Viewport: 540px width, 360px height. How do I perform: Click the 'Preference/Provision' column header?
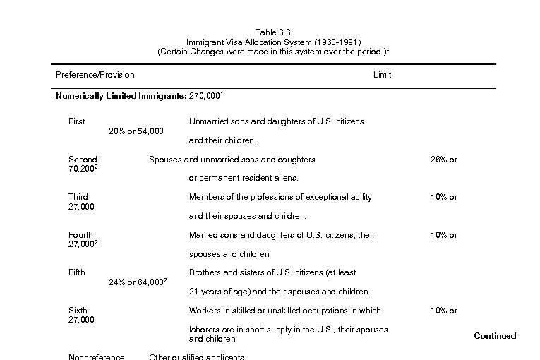(x=95, y=75)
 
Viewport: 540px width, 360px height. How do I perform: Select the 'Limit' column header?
(x=382, y=75)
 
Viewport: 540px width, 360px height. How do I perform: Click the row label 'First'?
(x=76, y=121)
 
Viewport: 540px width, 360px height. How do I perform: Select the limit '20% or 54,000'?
(x=136, y=131)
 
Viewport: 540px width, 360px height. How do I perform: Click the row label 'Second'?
(x=83, y=160)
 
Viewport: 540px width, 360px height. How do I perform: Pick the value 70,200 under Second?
(x=82, y=169)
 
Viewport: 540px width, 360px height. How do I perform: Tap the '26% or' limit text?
(x=443, y=160)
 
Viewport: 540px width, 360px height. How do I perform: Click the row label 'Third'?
(x=78, y=197)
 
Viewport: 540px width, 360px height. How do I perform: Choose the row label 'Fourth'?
(x=80, y=235)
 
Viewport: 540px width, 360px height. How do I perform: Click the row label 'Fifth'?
(x=76, y=272)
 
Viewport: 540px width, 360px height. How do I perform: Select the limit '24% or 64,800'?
(x=136, y=282)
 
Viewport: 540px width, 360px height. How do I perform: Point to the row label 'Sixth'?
(x=78, y=311)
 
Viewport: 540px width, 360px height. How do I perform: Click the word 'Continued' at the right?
(x=495, y=336)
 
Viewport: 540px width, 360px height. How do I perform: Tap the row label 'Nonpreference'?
(x=96, y=356)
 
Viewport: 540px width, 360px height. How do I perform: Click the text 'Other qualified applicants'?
(x=196, y=356)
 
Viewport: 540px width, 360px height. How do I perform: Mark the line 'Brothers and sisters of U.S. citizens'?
(x=272, y=272)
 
